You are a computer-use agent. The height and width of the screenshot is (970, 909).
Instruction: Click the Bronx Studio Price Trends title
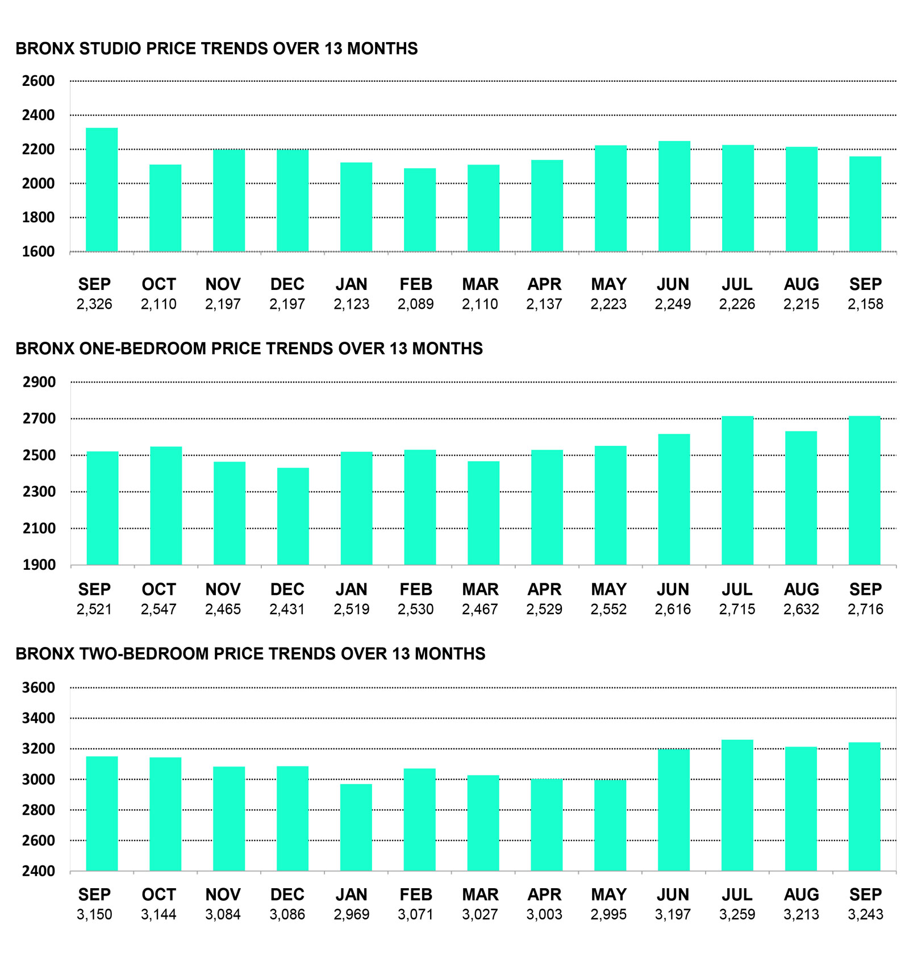(x=216, y=48)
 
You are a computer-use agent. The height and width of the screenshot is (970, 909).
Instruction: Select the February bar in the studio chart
(x=420, y=210)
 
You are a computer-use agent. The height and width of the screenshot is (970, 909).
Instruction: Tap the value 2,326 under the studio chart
(x=94, y=304)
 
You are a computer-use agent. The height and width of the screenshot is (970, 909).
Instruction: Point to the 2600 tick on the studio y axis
(x=39, y=81)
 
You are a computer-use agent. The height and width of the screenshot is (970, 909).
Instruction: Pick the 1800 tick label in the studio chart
(x=39, y=217)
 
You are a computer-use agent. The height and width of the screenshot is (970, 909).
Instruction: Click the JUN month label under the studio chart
(x=673, y=284)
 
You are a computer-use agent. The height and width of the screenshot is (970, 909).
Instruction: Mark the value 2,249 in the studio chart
(x=673, y=304)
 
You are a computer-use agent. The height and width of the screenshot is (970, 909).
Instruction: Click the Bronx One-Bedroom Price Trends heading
(x=249, y=349)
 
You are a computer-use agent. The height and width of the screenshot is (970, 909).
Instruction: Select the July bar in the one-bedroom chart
(x=737, y=491)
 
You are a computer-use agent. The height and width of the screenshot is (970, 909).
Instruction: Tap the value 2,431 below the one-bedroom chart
(x=287, y=610)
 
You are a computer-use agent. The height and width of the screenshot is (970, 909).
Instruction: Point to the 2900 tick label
(x=39, y=382)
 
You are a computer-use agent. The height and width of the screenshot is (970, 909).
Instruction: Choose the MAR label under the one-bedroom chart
(x=480, y=589)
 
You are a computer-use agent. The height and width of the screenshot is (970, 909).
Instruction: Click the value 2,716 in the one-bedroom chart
(x=865, y=610)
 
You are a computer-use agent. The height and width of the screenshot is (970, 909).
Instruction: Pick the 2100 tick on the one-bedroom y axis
(x=39, y=528)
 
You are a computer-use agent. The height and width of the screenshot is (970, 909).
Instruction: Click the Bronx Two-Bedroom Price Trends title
(x=251, y=654)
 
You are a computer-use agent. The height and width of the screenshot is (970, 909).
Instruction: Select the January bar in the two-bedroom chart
(x=356, y=827)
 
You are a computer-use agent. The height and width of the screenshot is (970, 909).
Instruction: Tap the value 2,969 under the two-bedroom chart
(x=351, y=914)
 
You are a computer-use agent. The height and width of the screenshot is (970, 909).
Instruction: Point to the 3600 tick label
(x=39, y=687)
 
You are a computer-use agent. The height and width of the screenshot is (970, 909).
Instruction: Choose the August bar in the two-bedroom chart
(x=801, y=809)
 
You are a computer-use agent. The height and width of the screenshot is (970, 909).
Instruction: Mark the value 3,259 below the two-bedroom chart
(x=737, y=914)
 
